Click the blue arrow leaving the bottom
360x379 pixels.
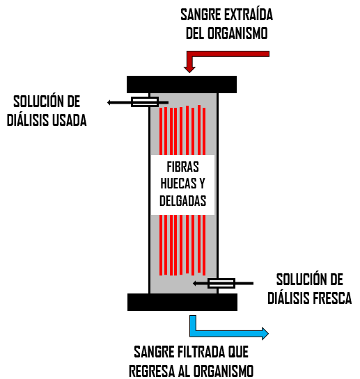pyautogui.click(x=218, y=333)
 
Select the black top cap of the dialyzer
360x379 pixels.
pyautogui.click(x=182, y=84)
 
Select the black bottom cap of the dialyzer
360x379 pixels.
pyautogui.click(x=182, y=302)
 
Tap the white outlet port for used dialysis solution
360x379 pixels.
pyautogui.click(x=145, y=102)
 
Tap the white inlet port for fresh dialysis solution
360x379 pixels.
pyautogui.click(x=221, y=283)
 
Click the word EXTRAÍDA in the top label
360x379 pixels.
pyautogui.click(x=249, y=15)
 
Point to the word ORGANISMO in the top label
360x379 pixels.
pyautogui.click(x=237, y=33)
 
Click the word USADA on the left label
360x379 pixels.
pyautogui.click(x=70, y=120)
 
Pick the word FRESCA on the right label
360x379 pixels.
pyautogui.click(x=332, y=298)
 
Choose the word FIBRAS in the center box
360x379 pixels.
pyautogui.click(x=182, y=167)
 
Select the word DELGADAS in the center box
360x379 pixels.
pyautogui.click(x=182, y=200)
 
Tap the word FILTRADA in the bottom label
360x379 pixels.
pyautogui.click(x=202, y=352)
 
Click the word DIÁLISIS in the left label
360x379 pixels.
pyautogui.click(x=29, y=120)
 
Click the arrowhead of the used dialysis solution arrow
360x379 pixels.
pyautogui.click(x=109, y=102)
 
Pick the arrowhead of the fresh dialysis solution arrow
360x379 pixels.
pyautogui.click(x=195, y=283)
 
